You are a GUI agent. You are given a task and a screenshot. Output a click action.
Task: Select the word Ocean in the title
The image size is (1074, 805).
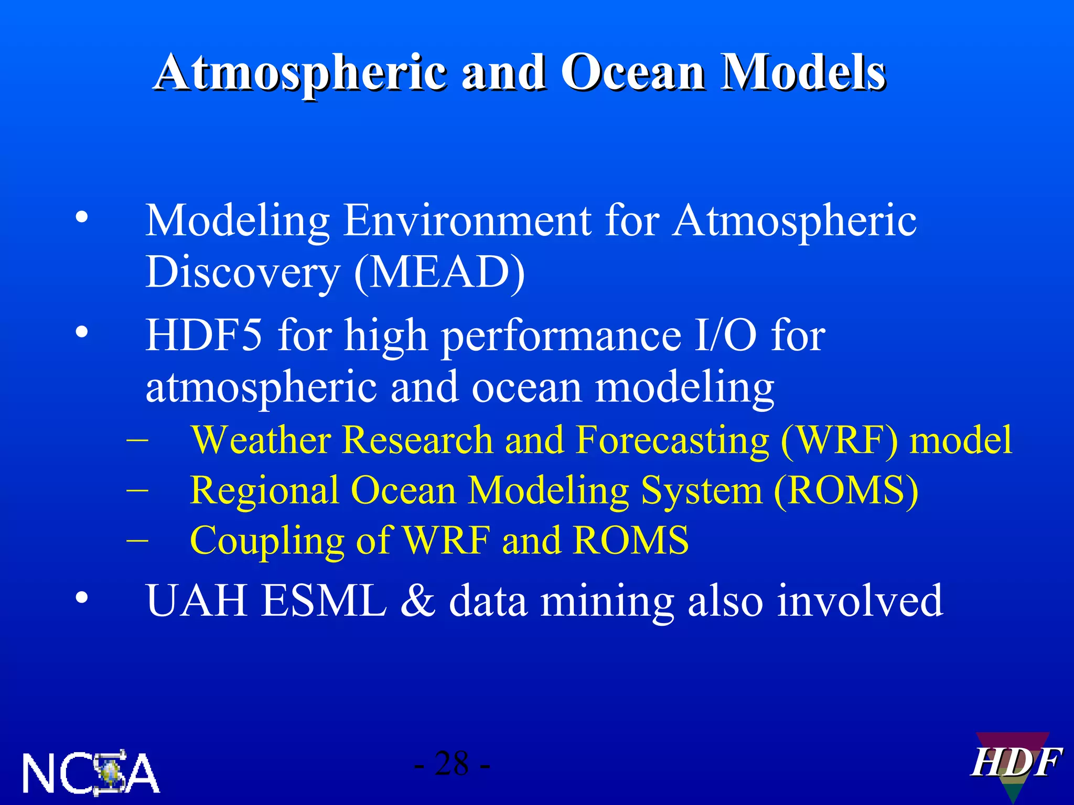(x=632, y=73)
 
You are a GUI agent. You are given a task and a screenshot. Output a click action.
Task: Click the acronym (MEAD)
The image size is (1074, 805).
(x=439, y=272)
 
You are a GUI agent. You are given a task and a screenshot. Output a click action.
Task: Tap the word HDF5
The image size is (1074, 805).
(x=203, y=335)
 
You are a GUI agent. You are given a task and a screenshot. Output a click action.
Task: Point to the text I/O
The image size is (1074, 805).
(x=725, y=335)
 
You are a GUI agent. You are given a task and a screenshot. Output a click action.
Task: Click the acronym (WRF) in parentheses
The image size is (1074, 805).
(x=839, y=440)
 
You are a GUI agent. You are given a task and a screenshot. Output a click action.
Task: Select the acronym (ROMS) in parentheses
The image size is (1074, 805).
(x=846, y=491)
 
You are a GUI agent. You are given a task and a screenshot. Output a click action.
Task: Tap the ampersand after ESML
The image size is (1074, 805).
(x=417, y=601)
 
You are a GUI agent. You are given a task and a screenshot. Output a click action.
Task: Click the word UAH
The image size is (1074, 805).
(x=196, y=601)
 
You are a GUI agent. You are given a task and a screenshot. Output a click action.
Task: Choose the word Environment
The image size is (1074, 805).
(x=467, y=221)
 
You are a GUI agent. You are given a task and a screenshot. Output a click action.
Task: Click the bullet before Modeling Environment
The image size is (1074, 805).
(x=81, y=216)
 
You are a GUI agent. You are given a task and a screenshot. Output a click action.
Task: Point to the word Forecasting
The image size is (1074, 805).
(x=672, y=440)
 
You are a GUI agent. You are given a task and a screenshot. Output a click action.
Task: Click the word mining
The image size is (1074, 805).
(x=606, y=601)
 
